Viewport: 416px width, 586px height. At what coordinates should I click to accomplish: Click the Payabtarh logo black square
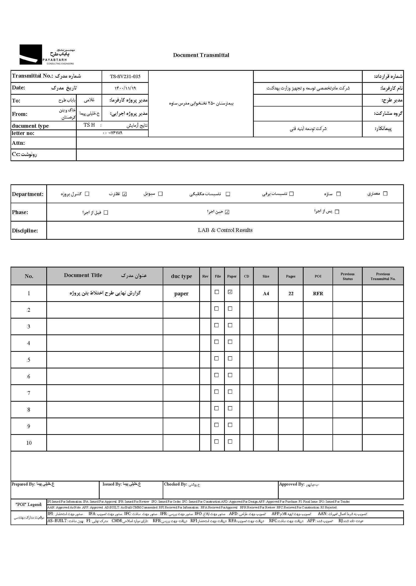31,54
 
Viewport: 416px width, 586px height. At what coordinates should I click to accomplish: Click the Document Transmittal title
201,55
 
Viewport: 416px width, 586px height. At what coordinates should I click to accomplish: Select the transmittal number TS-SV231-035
125,76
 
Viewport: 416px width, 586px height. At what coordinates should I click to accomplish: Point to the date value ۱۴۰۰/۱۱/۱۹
125,88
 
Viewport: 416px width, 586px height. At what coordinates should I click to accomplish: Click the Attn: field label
18,143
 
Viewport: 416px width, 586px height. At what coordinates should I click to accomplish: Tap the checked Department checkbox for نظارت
124,194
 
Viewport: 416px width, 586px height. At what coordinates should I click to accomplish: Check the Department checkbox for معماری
385,194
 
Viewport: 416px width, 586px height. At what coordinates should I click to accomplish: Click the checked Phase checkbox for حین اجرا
227,212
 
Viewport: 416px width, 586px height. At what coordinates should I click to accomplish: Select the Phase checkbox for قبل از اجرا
106,213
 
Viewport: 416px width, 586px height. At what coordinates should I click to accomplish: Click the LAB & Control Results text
225,230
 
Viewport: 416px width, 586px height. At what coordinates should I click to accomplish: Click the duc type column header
181,276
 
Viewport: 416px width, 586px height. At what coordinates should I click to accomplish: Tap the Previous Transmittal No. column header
383,276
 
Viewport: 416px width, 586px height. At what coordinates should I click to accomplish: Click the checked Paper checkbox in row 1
230,292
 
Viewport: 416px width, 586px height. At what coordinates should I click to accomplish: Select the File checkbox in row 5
217,359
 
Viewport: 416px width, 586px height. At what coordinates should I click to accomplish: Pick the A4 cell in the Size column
266,294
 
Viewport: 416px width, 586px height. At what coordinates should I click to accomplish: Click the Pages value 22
291,294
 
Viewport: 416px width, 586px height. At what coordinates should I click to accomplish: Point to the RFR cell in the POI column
318,294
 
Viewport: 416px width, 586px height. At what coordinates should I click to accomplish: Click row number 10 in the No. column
29,443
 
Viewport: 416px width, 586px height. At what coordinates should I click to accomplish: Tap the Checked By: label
176,484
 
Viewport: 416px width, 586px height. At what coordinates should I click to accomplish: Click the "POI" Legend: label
29,504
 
